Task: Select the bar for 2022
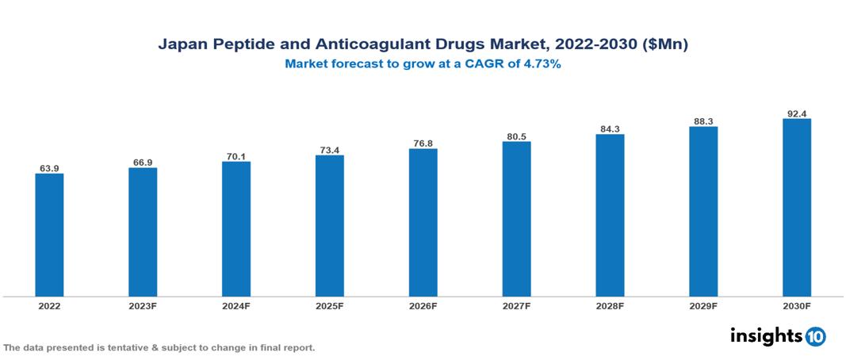(49, 235)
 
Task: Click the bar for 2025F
(330, 226)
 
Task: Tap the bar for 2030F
(797, 208)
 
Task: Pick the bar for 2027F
(516, 219)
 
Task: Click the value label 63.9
(49, 168)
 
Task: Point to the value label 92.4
(797, 113)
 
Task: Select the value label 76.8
(423, 144)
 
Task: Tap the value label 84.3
(610, 128)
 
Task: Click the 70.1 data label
(236, 156)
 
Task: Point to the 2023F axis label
(143, 305)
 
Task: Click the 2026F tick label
(423, 305)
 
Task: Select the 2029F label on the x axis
(703, 305)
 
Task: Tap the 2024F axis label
(236, 305)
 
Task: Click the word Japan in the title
(182, 45)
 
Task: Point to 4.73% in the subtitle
(542, 65)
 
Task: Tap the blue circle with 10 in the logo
(816, 336)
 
